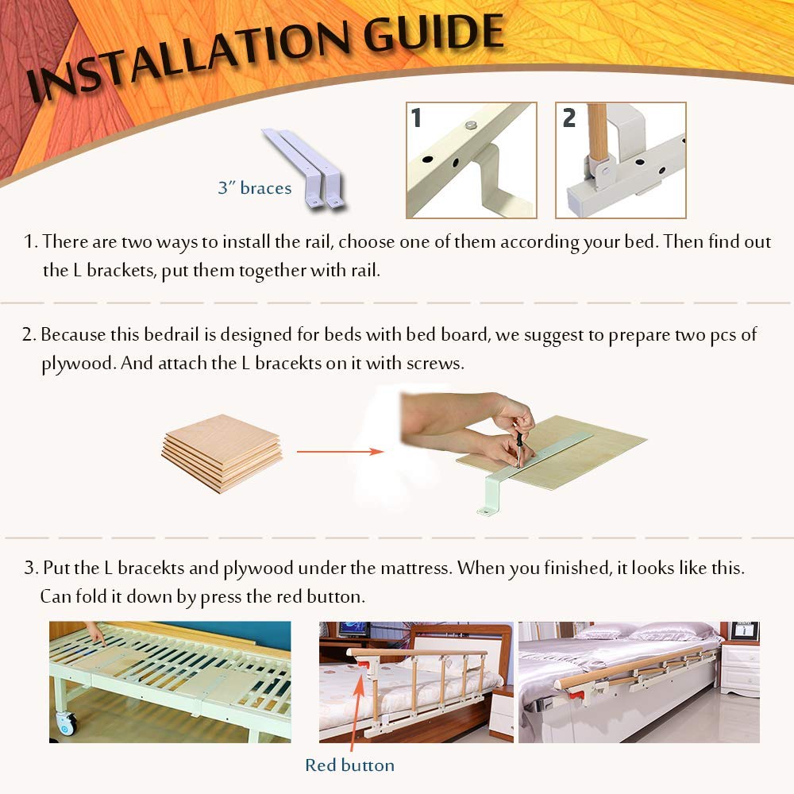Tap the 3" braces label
pos(255,188)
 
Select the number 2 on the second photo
pos(569,118)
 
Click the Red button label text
pos(349,765)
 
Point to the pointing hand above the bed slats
pos(95,633)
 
